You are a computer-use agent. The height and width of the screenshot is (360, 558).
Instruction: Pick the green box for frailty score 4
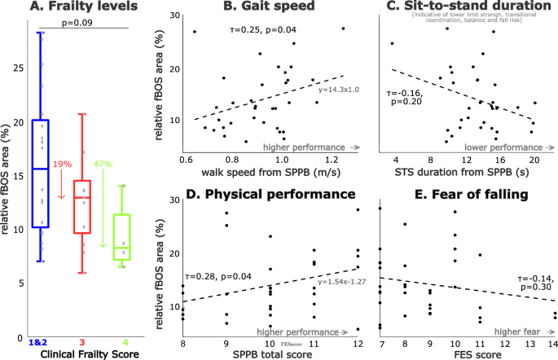click(x=121, y=237)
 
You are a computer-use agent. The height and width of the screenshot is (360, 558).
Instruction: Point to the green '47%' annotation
click(x=103, y=165)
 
